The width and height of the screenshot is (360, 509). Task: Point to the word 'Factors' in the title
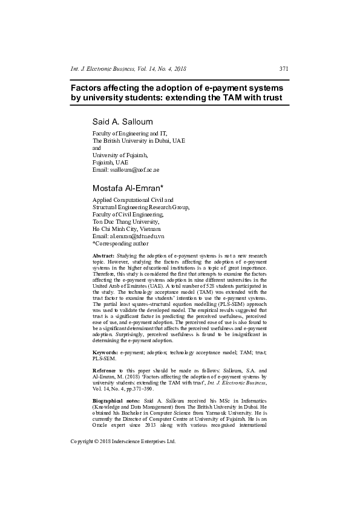[89, 86]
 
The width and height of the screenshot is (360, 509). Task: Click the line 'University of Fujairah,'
[119, 155]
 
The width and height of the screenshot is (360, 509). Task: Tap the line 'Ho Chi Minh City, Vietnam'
[126, 229]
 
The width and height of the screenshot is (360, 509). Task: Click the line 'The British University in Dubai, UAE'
[139, 140]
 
